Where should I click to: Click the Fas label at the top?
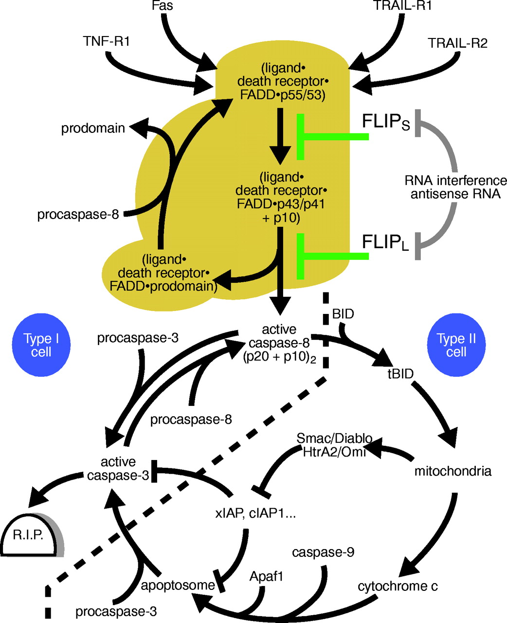coord(162,6)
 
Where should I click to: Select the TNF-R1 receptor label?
coord(106,41)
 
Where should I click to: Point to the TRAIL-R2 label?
coord(457,43)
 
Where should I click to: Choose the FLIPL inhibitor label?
coord(385,242)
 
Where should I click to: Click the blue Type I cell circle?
coord(41,345)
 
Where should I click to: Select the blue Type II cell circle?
coord(456,345)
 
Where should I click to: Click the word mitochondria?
coord(453,471)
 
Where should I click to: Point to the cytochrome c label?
coord(398,586)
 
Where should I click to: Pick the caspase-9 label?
coord(323,552)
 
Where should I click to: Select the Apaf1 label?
coord(266,577)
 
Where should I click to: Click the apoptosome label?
coord(178,585)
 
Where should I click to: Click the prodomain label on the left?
coord(93,128)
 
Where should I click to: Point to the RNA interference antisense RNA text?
coord(455,187)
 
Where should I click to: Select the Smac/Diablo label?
coord(334,438)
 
